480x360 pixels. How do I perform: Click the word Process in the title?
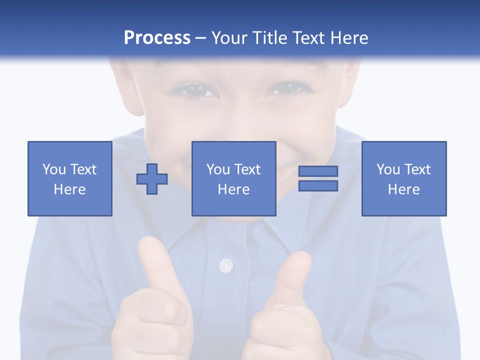[157, 38]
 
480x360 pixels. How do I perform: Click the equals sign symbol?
[318, 178]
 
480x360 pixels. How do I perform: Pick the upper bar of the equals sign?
[318, 171]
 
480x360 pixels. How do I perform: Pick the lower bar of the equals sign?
[318, 185]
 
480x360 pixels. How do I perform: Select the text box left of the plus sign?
[70, 178]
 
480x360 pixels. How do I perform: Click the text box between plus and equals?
[233, 178]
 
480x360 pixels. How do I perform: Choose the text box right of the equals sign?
[404, 178]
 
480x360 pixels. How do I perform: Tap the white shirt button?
[226, 265]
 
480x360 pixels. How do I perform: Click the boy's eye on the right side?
[285, 90]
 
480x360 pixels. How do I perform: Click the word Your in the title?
[228, 38]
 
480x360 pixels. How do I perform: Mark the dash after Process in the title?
[201, 38]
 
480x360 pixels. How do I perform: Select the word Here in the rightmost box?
[404, 189]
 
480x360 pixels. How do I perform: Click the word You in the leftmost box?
[54, 169]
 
